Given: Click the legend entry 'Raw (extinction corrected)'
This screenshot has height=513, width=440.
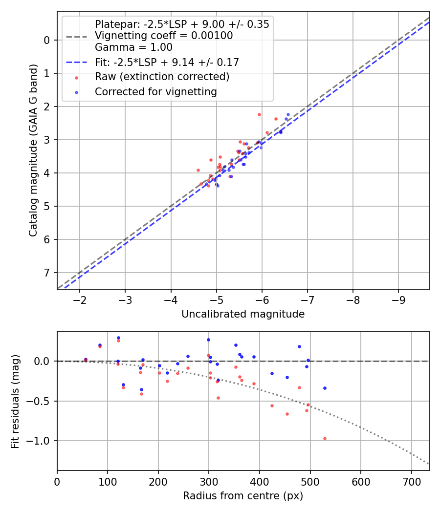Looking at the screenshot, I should pos(162,77).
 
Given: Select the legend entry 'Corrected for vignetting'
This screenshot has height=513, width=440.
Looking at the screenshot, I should pos(156,91).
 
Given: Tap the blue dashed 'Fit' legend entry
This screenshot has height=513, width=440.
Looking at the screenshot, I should pos(167,62).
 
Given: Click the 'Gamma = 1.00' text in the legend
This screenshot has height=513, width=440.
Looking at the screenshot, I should pos(133,47).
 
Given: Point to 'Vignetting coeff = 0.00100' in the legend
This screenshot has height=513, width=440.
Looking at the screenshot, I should pos(164,36).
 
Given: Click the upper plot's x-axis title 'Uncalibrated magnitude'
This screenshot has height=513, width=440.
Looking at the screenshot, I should pos(243,314).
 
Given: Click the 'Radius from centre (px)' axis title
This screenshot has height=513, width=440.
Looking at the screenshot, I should pos(243,496).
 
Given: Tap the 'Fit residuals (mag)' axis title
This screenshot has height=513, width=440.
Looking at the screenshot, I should pos(15,401).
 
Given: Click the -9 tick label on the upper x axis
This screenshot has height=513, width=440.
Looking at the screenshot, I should pos(398,299).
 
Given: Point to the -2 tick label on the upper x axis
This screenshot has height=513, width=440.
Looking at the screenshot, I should pos(80,299).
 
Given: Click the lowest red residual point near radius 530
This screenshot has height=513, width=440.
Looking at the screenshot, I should pos(325,438).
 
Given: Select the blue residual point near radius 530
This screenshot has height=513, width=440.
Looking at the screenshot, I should pos(325,388).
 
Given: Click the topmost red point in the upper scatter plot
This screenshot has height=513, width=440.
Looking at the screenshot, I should pos(259,114).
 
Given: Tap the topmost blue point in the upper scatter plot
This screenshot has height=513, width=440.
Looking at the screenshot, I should pos(288,114).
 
